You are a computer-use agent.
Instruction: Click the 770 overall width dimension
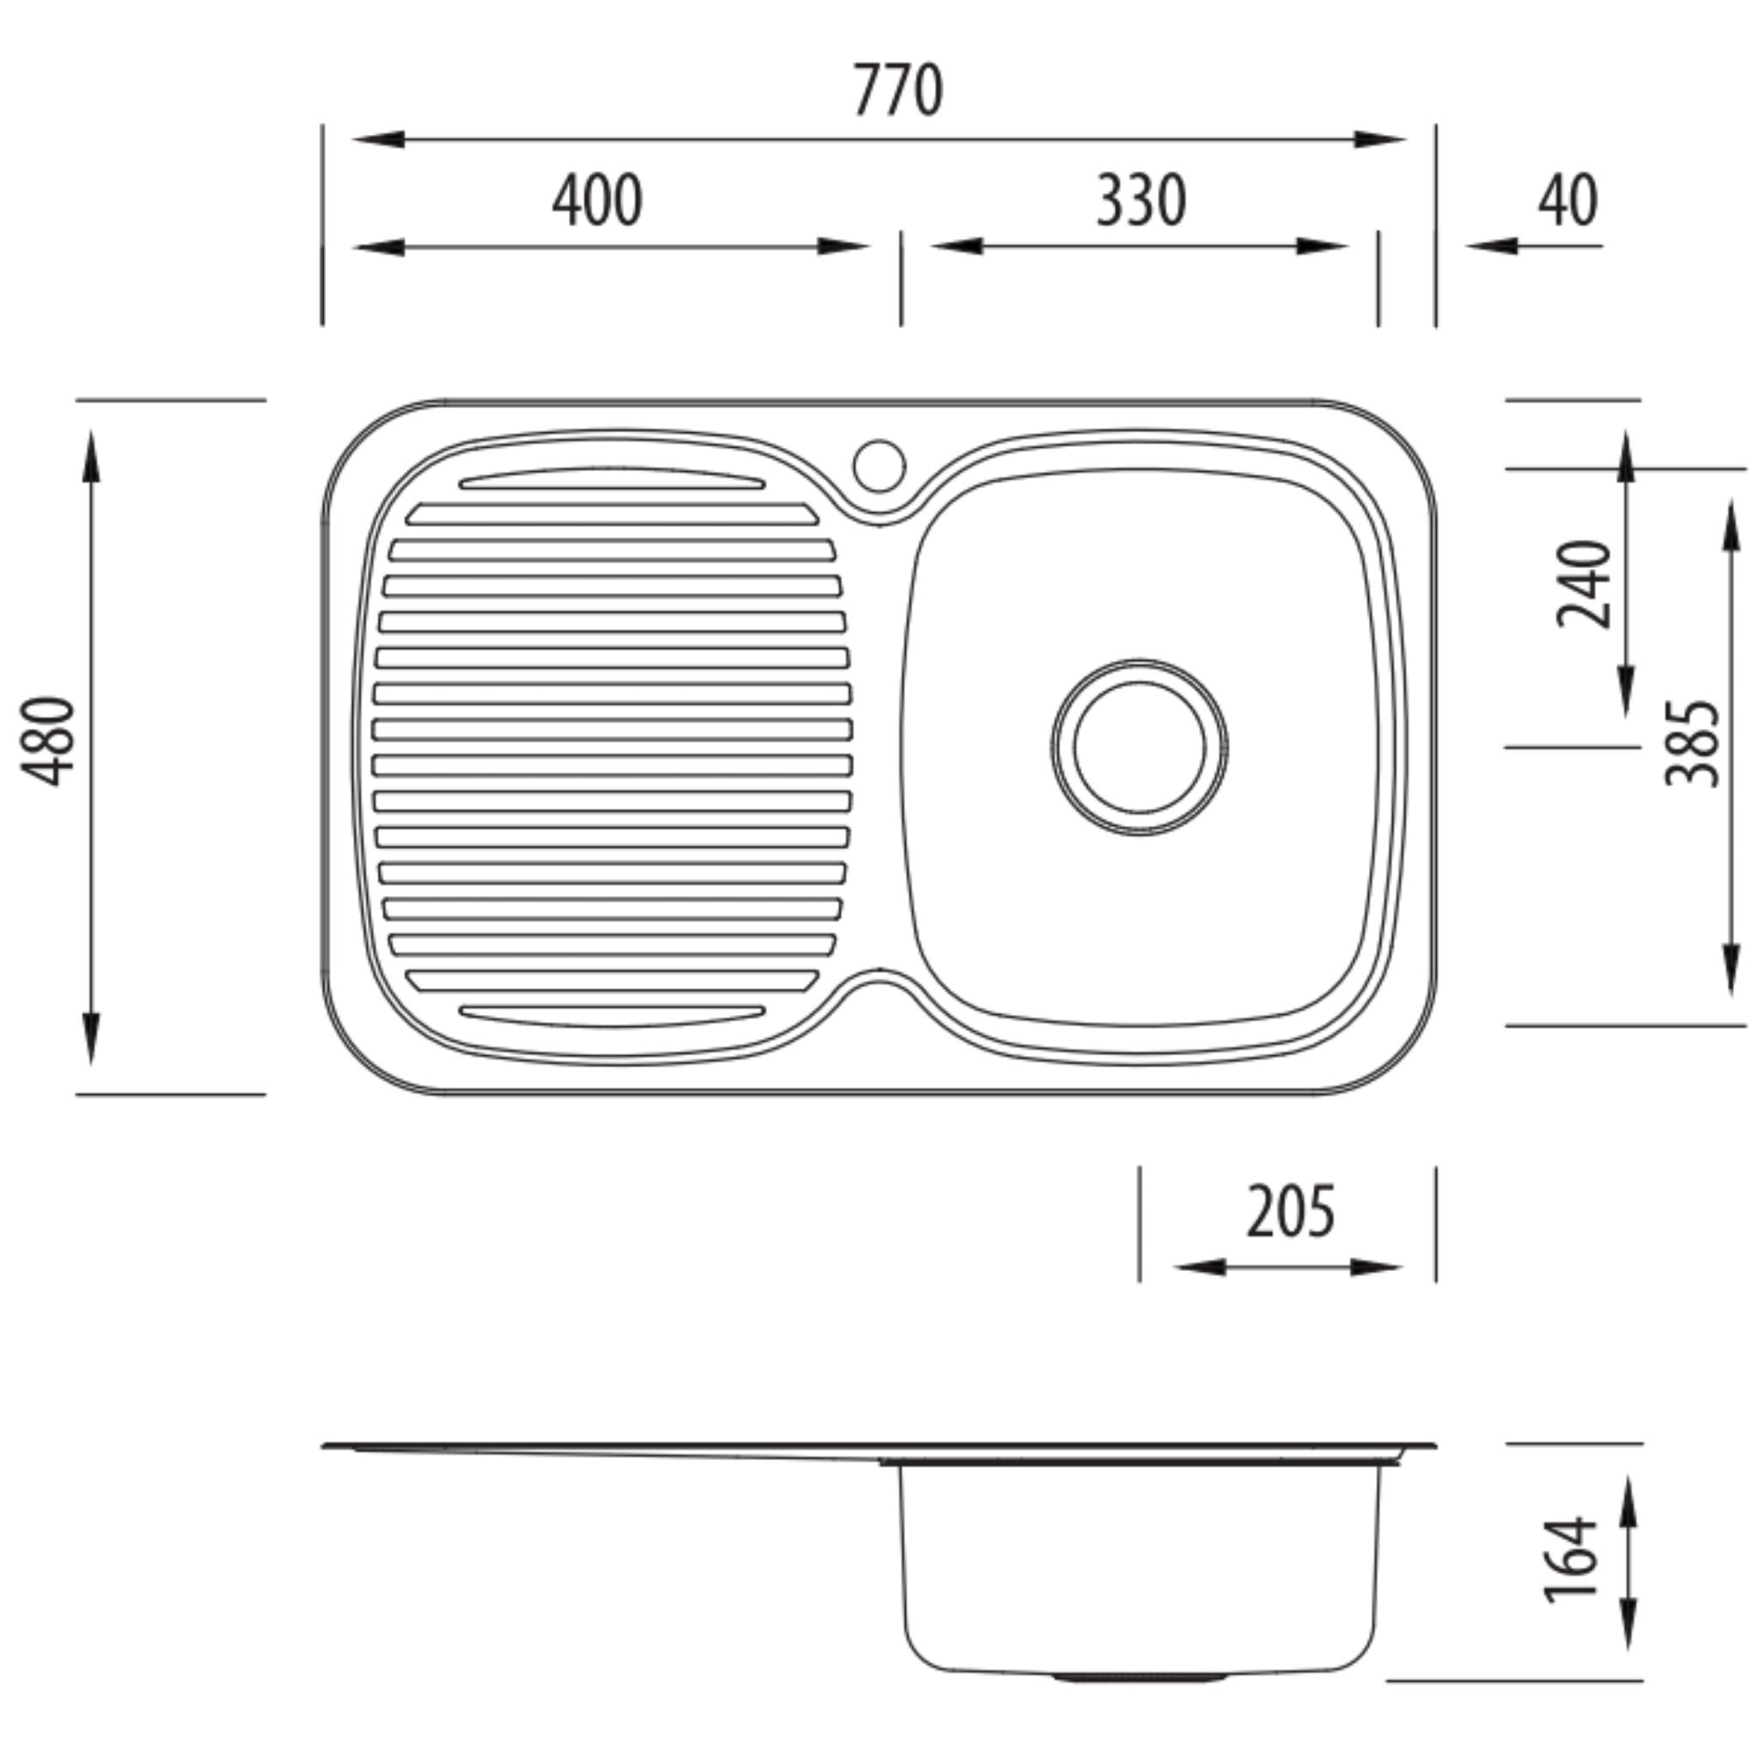pos(897,91)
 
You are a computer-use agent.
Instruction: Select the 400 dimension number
pos(596,200)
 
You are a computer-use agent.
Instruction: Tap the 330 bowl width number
pos(1140,200)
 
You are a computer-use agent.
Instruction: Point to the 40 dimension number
pos(1567,200)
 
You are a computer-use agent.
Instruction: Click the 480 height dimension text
pos(47,741)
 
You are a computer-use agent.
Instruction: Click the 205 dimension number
pos(1290,1212)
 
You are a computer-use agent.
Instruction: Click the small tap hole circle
pos(879,466)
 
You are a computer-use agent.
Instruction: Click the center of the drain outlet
pos(1140,746)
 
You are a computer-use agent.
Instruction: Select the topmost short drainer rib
pos(612,479)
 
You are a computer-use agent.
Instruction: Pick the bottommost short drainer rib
pos(612,1015)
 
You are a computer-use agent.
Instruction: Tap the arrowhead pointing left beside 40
pos(1490,245)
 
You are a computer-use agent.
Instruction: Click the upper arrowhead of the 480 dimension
pos(91,455)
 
